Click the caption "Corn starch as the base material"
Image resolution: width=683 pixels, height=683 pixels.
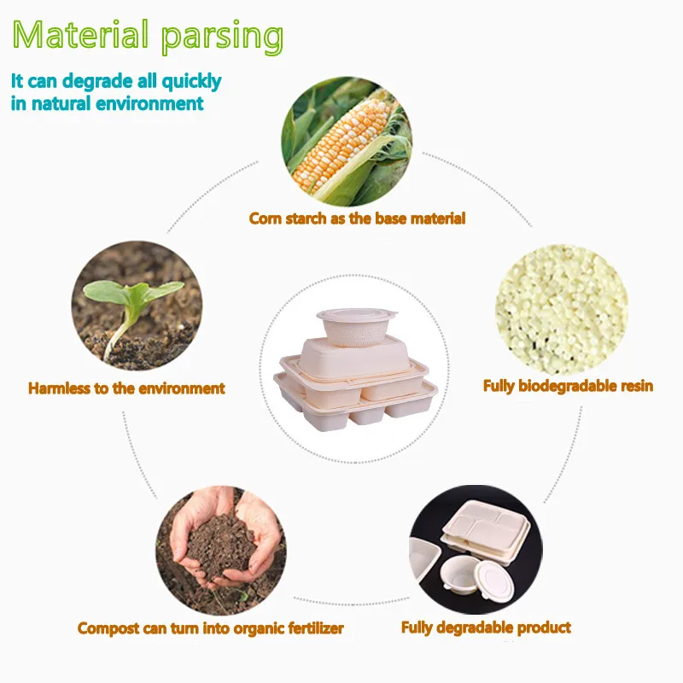[357, 219]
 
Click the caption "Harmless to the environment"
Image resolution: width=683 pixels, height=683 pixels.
[126, 388]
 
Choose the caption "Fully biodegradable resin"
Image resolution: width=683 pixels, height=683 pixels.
[568, 386]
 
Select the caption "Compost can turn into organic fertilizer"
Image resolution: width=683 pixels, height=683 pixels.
[211, 628]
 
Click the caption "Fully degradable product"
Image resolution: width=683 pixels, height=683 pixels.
[486, 628]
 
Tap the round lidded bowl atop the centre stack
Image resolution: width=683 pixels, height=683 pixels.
[359, 324]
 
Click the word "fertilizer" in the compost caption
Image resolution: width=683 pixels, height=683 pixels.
[311, 628]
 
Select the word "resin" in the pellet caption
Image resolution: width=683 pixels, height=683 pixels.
[635, 386]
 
